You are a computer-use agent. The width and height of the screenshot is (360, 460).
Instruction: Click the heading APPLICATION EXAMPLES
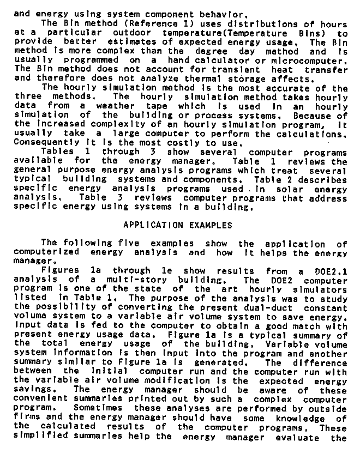(178, 225)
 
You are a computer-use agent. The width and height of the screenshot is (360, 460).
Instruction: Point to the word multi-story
(123, 280)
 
